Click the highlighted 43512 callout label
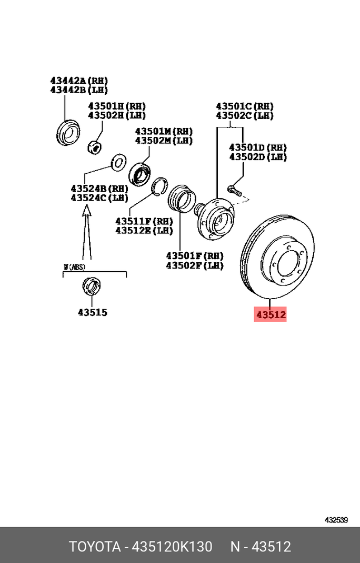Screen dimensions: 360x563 point(271,314)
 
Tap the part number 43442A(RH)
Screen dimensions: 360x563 point(79,81)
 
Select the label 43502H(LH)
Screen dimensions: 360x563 point(117,115)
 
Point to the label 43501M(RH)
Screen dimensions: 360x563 point(164,132)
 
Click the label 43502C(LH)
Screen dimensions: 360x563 point(245,116)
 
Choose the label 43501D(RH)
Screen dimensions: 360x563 point(258,147)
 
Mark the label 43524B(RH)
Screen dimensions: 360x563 point(99,189)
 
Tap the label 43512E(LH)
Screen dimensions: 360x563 point(144,230)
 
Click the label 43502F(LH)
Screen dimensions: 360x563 point(195,266)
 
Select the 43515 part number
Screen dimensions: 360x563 point(93,312)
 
